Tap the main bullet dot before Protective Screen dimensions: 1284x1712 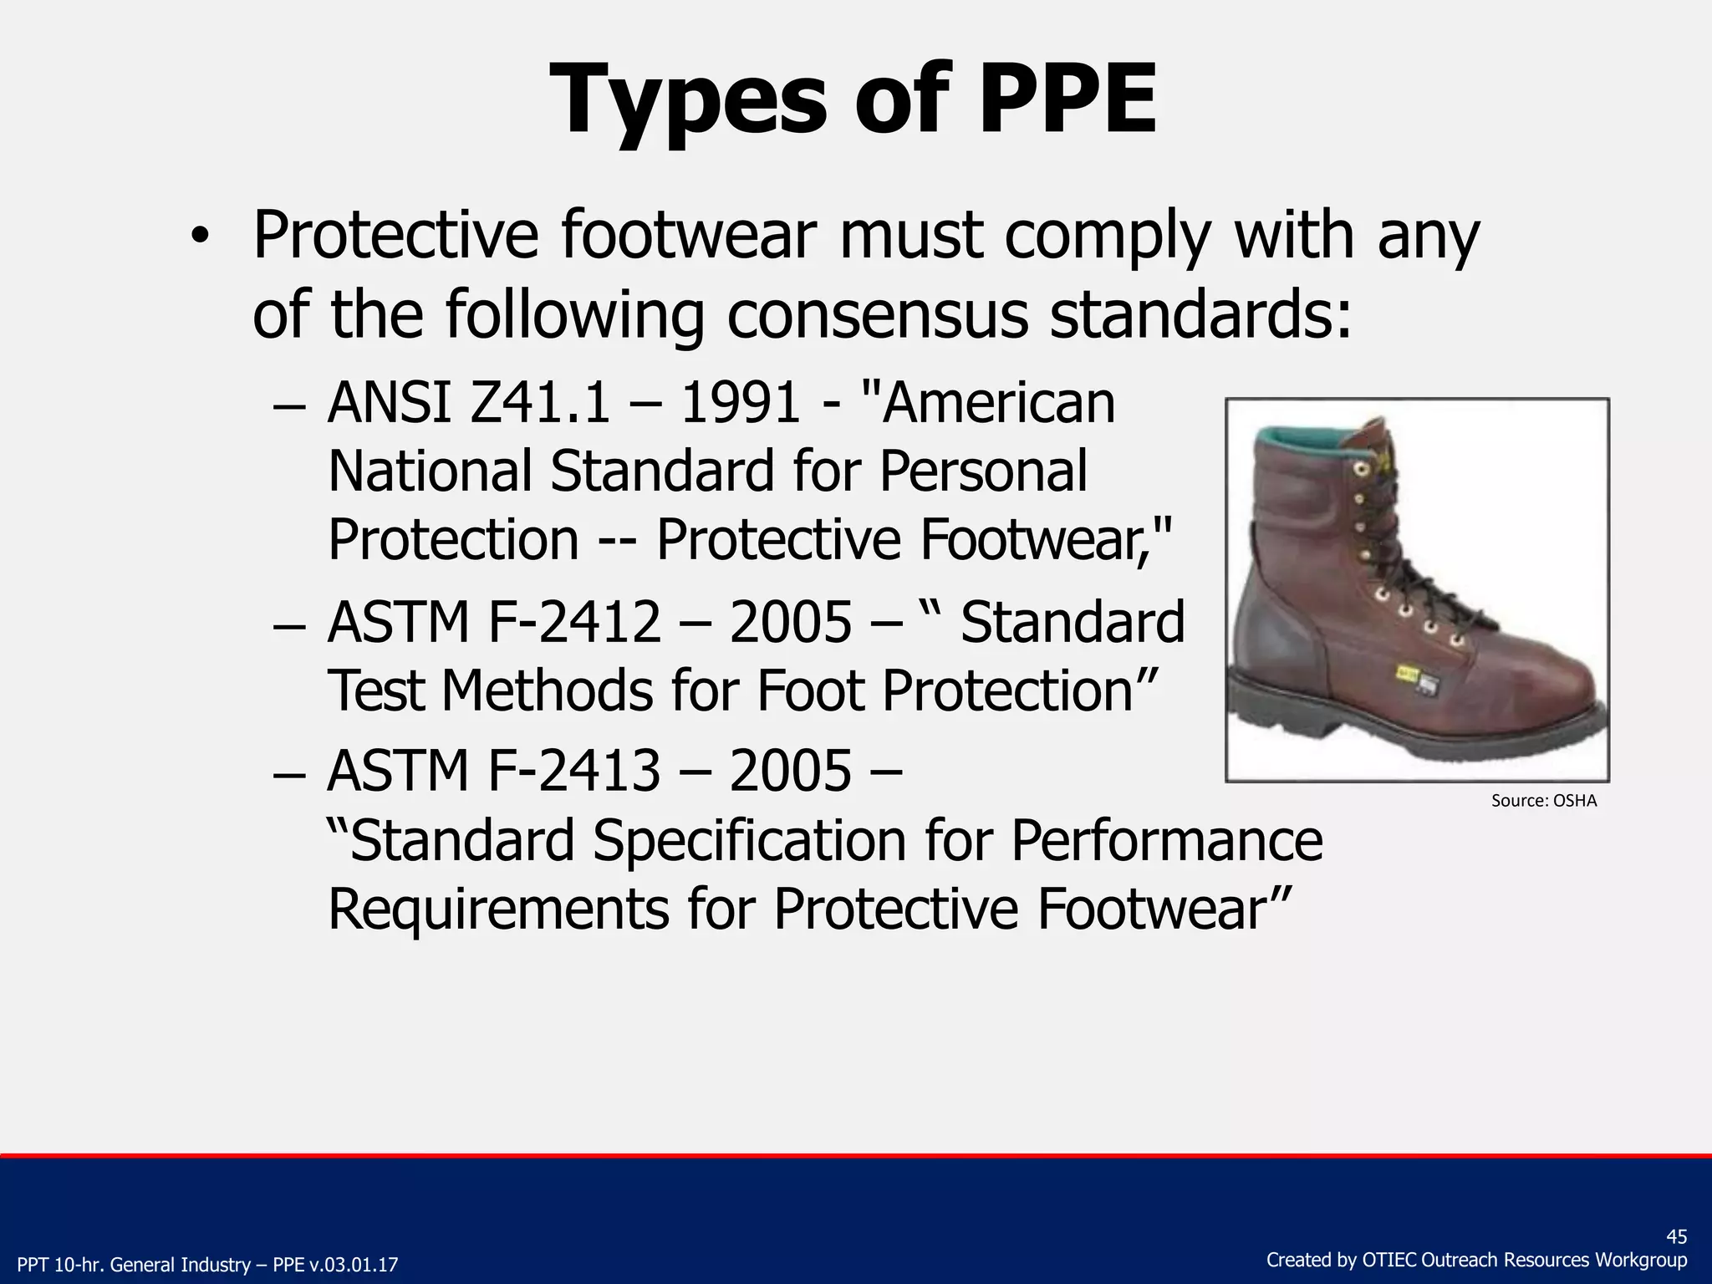(x=198, y=237)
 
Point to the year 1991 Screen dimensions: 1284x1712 (x=741, y=403)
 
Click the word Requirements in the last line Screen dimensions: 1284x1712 (x=497, y=909)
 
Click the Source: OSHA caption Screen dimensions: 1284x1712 (x=1543, y=801)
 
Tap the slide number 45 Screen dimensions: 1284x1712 (x=1676, y=1237)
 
